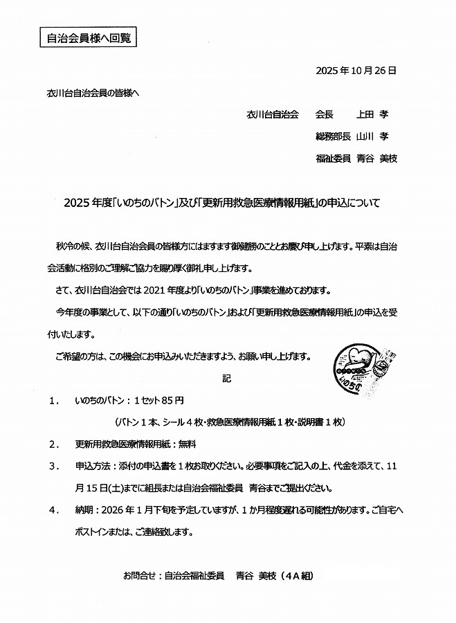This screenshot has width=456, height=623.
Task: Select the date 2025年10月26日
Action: pos(355,71)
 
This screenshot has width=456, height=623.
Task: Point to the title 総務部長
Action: pos(333,136)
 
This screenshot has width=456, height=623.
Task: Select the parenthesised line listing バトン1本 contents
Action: pos(230,422)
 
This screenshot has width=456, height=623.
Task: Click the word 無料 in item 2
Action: pos(188,444)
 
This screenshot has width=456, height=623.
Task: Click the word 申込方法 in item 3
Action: pos(92,466)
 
